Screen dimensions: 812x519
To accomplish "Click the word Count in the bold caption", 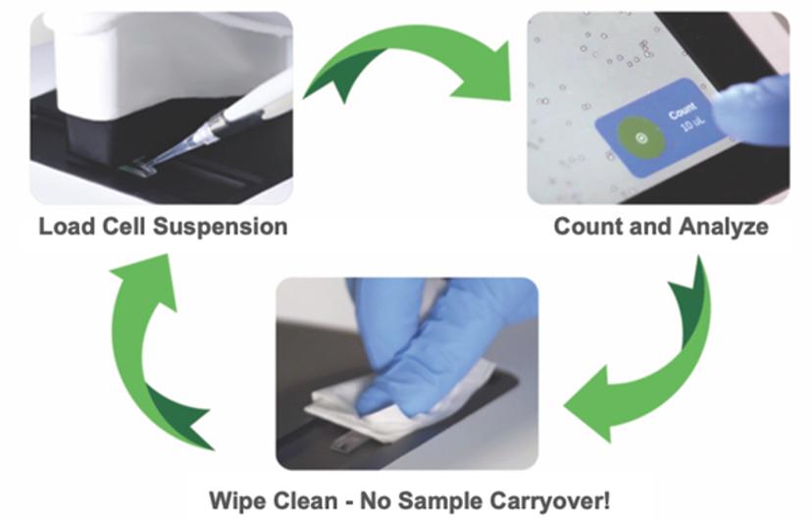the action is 586,227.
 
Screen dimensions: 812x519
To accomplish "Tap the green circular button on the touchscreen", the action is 640,137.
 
